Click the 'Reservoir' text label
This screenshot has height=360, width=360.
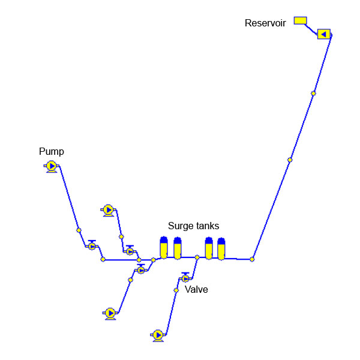pyautogui.click(x=265, y=23)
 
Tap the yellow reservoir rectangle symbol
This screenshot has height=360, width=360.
pyautogui.click(x=300, y=20)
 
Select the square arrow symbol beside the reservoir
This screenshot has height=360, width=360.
pyautogui.click(x=324, y=34)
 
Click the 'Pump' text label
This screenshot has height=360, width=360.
pyautogui.click(x=52, y=152)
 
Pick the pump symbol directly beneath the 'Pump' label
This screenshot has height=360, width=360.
pyautogui.click(x=52, y=166)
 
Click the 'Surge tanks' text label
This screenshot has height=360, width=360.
pyautogui.click(x=193, y=226)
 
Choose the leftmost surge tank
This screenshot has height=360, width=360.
pyautogui.click(x=164, y=248)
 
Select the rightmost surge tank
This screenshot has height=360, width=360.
pyautogui.click(x=221, y=249)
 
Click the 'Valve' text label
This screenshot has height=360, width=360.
pyautogui.click(x=196, y=290)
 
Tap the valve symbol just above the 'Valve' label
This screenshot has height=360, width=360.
pyautogui.click(x=185, y=278)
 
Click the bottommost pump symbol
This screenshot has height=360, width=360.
pyautogui.click(x=158, y=335)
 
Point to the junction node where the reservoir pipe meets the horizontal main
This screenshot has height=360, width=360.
pyautogui.click(x=252, y=259)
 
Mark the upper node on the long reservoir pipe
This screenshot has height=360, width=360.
pyautogui.click(x=313, y=93)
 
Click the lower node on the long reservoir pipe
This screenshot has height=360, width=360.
pyautogui.click(x=290, y=160)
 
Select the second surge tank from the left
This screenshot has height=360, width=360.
pyautogui.click(x=177, y=248)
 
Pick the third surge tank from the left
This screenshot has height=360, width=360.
pyautogui.click(x=209, y=248)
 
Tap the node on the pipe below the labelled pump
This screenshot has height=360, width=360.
pyautogui.click(x=79, y=230)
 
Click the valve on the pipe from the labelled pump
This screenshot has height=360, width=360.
pyautogui.click(x=92, y=246)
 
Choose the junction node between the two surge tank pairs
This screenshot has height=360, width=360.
pyautogui.click(x=197, y=257)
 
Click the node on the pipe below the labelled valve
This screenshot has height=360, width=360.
pyautogui.click(x=176, y=290)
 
